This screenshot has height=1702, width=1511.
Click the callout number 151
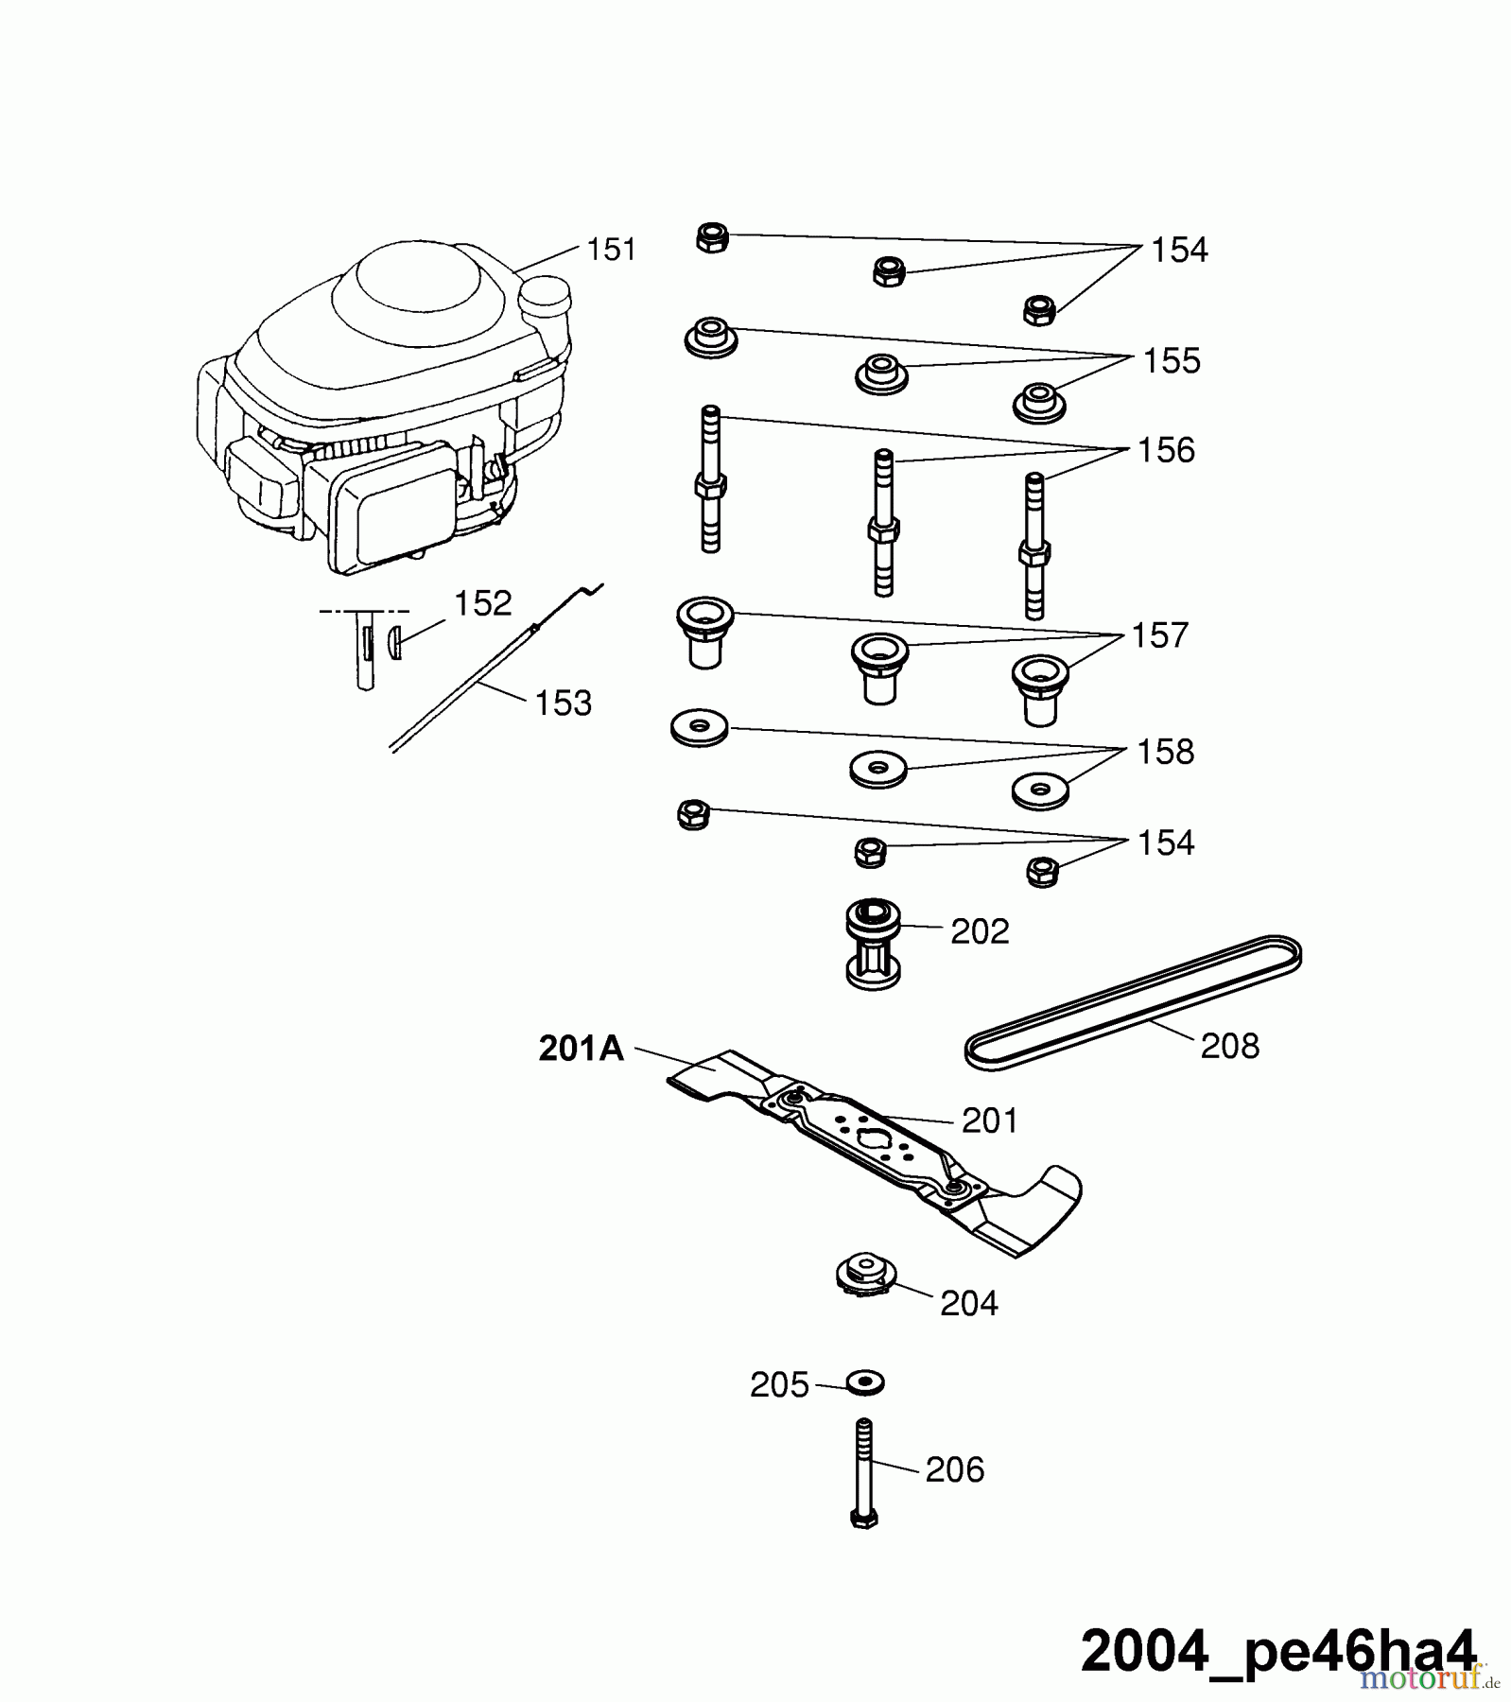(611, 250)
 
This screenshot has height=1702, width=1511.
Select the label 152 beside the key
(483, 603)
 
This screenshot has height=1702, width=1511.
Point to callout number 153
(564, 703)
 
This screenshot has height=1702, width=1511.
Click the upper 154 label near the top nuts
(1179, 251)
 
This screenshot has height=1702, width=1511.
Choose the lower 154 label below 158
(1166, 842)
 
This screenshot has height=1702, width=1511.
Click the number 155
(1172, 361)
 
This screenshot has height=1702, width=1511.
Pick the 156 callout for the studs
(1167, 451)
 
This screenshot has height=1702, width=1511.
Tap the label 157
(1160, 635)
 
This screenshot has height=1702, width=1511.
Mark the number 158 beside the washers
(1166, 752)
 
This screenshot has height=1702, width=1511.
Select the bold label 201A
(582, 1049)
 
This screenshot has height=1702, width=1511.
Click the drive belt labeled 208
(1133, 1002)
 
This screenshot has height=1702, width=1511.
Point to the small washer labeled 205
(864, 1382)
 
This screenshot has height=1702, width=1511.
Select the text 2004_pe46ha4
(1277, 1651)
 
